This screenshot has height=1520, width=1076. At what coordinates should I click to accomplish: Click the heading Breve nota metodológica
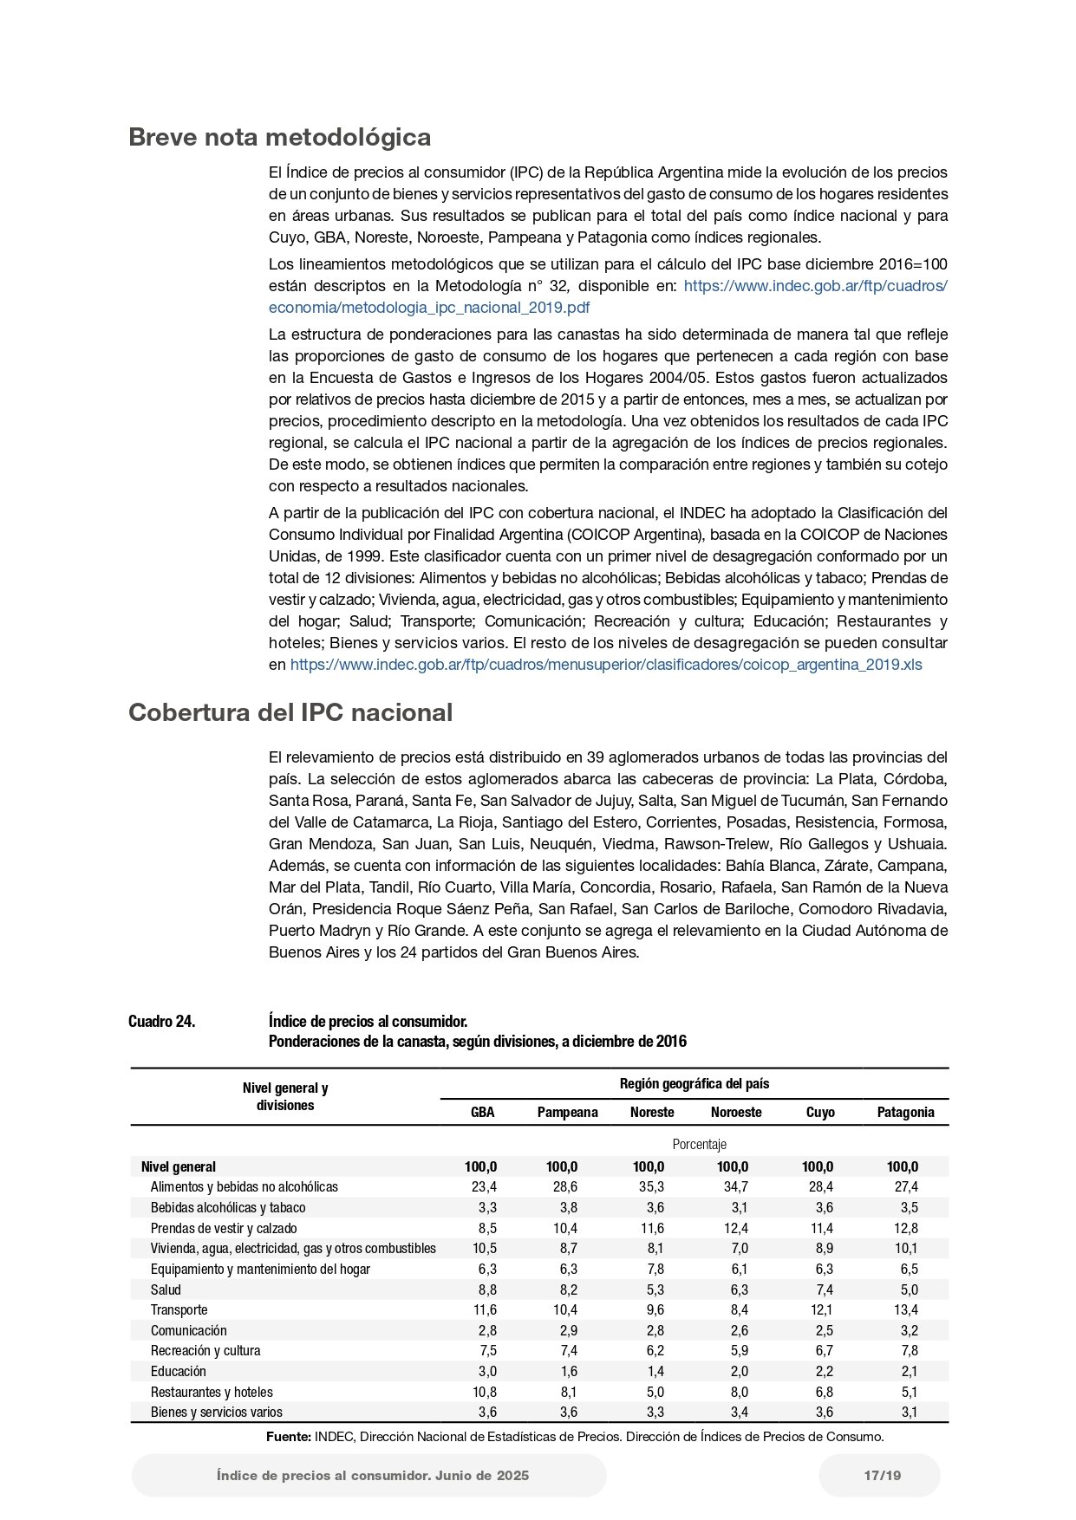(279, 138)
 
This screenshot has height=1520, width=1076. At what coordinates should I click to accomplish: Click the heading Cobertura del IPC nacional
(290, 712)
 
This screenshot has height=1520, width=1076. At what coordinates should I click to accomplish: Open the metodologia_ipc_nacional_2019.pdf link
(429, 308)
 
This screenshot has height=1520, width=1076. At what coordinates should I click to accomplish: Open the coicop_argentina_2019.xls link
(606, 665)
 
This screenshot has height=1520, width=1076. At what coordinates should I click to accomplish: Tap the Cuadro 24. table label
(161, 1022)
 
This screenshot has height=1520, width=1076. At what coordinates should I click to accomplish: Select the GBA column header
(482, 1112)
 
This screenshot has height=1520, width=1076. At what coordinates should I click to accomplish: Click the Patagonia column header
(905, 1112)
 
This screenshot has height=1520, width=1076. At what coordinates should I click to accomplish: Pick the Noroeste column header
(736, 1112)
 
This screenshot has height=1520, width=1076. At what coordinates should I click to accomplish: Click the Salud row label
(166, 1289)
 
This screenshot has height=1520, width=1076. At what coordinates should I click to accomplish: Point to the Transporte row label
(179, 1309)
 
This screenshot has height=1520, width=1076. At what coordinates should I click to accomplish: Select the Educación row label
(178, 1371)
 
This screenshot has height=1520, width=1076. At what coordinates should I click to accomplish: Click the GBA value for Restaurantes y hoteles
(482, 1392)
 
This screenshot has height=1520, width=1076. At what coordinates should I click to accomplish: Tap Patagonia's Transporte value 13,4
(905, 1309)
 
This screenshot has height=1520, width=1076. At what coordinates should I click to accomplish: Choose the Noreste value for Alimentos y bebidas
(651, 1186)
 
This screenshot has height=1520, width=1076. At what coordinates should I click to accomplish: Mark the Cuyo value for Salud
(824, 1289)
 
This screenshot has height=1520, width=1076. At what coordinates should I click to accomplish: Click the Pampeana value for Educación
(568, 1371)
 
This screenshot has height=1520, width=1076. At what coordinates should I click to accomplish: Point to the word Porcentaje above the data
(699, 1145)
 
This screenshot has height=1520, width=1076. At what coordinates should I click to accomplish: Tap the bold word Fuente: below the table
(289, 1437)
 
